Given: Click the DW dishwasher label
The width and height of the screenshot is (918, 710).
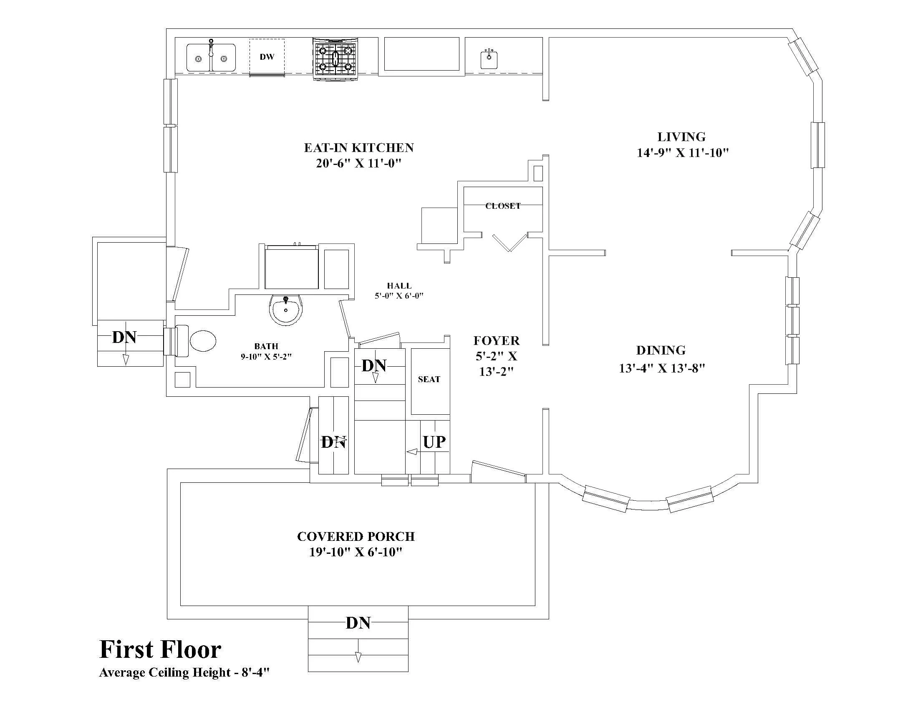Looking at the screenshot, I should pos(267,57).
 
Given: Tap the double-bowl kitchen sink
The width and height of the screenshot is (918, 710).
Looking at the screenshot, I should pos(211,57).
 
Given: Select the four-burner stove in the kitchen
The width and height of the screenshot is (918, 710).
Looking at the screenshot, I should pos(335,58).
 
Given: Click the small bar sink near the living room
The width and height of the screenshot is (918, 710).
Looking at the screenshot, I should pos(489,59).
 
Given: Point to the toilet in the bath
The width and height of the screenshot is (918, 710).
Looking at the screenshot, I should pos(197,340).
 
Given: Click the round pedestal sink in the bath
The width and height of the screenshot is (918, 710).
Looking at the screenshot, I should pos(286,309).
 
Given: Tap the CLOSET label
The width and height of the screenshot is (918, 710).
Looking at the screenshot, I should pos(503,206).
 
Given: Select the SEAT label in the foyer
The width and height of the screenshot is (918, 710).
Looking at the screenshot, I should pos(429,379).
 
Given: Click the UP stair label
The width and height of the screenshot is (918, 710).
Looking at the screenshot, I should pos(434,442).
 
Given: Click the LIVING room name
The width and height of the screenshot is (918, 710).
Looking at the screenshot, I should pos(681,137).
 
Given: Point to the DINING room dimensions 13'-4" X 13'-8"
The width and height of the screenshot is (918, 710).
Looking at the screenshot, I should pos(662,368).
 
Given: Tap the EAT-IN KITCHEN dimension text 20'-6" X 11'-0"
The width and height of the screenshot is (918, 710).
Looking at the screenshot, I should pos(358,163).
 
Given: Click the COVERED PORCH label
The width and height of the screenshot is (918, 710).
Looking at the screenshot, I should pos(356,536).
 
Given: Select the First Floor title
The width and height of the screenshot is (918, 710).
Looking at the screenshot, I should pos(160,649).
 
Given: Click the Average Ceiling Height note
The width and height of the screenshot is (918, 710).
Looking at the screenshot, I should pos(184,672).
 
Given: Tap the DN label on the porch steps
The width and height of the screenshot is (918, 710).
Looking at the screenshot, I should pos(358,623).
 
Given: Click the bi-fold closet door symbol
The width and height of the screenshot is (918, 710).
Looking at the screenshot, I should pos(509,243).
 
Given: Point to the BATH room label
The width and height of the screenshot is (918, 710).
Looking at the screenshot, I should pos(266,346).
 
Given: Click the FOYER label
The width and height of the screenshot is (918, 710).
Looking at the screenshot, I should pos(497,340).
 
